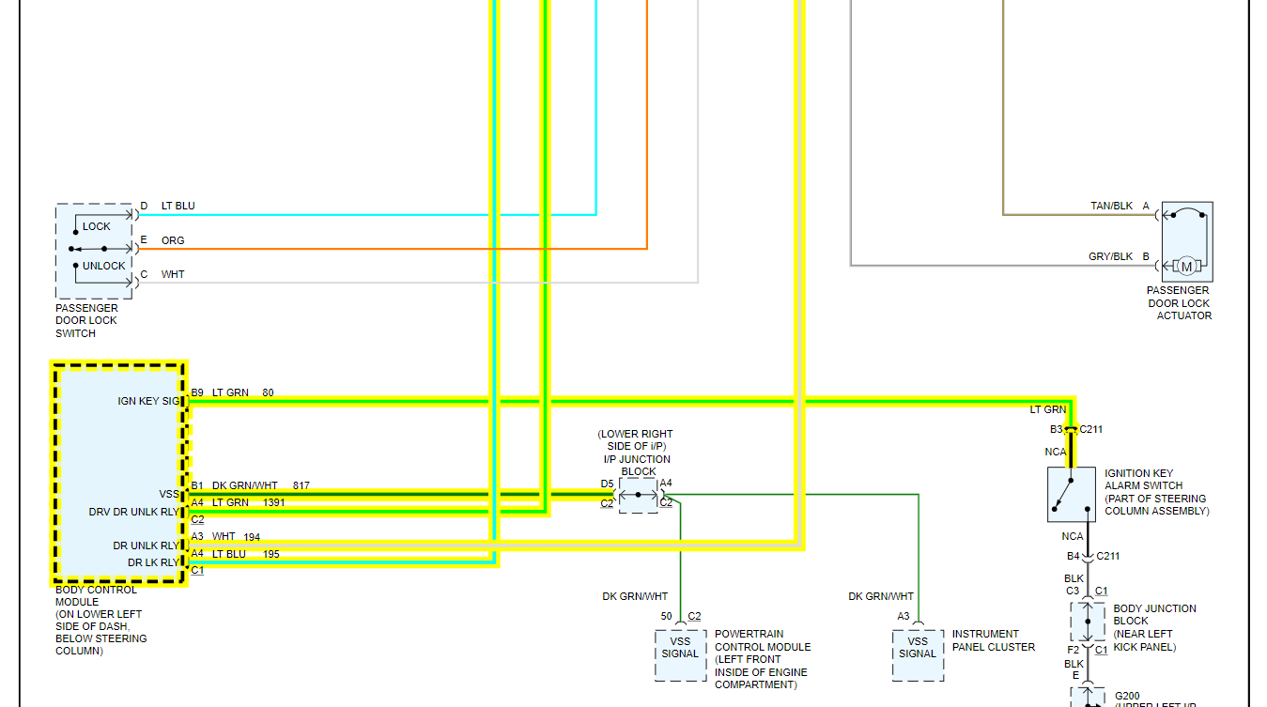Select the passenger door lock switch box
coord(94,252)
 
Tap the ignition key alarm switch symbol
coord(1072,494)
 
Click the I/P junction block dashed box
coord(639,495)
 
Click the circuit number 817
coord(301,486)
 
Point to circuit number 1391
coord(274,503)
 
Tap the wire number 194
coord(251,537)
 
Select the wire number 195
coord(271,554)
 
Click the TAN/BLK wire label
coord(1112,207)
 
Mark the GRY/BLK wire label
coord(1111,256)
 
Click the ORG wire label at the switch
coord(173,240)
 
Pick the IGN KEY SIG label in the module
coord(148,401)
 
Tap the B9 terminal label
coord(197,392)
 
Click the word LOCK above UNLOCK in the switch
coord(96,226)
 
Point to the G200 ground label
coord(1127,696)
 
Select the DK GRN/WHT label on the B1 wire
coord(244,486)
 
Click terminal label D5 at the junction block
coord(607,484)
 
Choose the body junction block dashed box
coord(1088,622)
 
